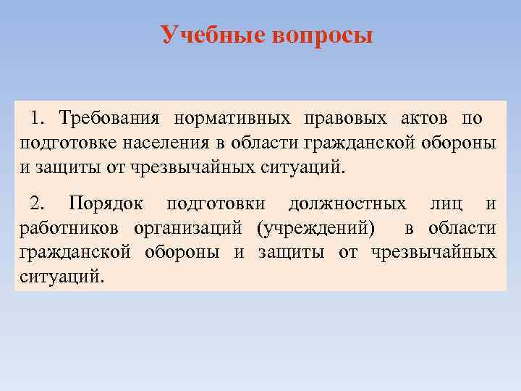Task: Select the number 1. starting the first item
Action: [x=41, y=117]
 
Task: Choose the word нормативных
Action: [x=231, y=117]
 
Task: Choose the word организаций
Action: [x=191, y=228]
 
